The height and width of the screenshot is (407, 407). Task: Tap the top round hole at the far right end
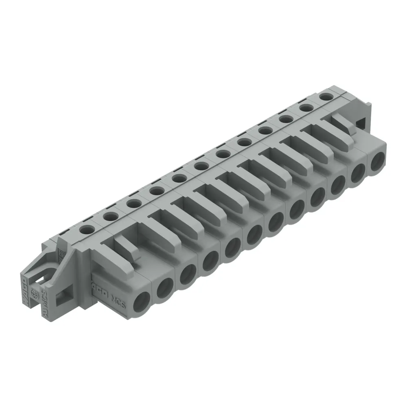(x=325, y=97)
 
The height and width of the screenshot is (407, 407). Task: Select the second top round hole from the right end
(x=306, y=108)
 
